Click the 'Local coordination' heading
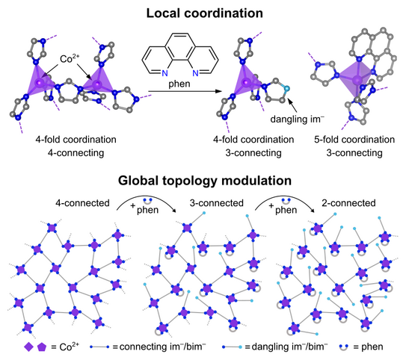205,13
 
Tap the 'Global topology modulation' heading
205,180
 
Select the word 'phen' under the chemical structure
179,84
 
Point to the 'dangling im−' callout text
298,119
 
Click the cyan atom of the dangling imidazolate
286,89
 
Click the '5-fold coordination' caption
354,140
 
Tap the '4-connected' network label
82,203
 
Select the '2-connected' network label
348,203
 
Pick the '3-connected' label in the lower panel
217,203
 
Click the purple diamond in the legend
28,347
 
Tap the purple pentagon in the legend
42,347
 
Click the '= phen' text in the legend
368,347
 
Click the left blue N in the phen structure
164,73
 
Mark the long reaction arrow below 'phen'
185,91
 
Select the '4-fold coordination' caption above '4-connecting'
76,140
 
